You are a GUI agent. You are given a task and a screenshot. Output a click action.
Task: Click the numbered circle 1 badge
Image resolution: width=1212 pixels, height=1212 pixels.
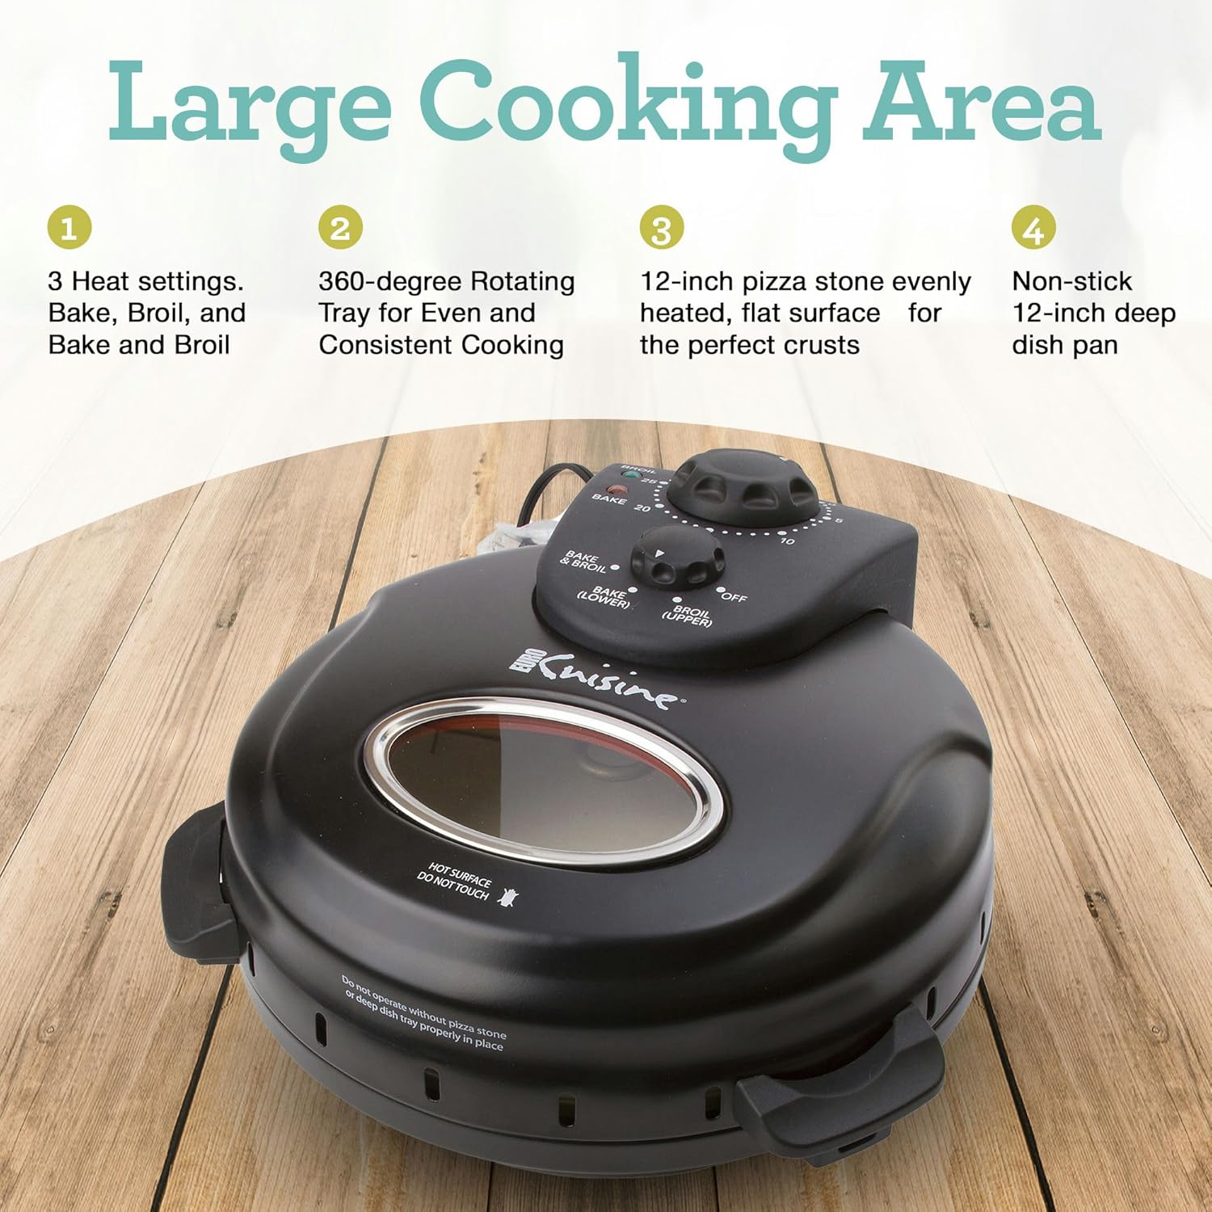69,228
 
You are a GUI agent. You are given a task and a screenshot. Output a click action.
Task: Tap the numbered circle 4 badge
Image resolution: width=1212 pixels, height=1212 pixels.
1033,228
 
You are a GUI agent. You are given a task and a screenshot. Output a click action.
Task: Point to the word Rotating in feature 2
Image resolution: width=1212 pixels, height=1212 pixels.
523,281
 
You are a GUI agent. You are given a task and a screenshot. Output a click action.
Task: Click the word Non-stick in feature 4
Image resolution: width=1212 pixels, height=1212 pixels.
1071,281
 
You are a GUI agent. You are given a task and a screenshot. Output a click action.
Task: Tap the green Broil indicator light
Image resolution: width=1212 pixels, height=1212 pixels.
632,477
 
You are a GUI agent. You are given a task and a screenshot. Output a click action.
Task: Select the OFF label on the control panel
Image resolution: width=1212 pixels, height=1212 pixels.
734,597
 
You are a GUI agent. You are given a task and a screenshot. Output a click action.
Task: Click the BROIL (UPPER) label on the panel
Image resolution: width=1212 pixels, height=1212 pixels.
688,617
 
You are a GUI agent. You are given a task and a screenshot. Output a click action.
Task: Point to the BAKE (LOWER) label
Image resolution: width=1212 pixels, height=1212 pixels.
604,598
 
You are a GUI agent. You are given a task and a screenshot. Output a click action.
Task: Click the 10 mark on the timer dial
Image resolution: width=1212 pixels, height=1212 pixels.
786,541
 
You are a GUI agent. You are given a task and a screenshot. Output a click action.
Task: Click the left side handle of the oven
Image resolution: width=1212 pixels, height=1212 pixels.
193,881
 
